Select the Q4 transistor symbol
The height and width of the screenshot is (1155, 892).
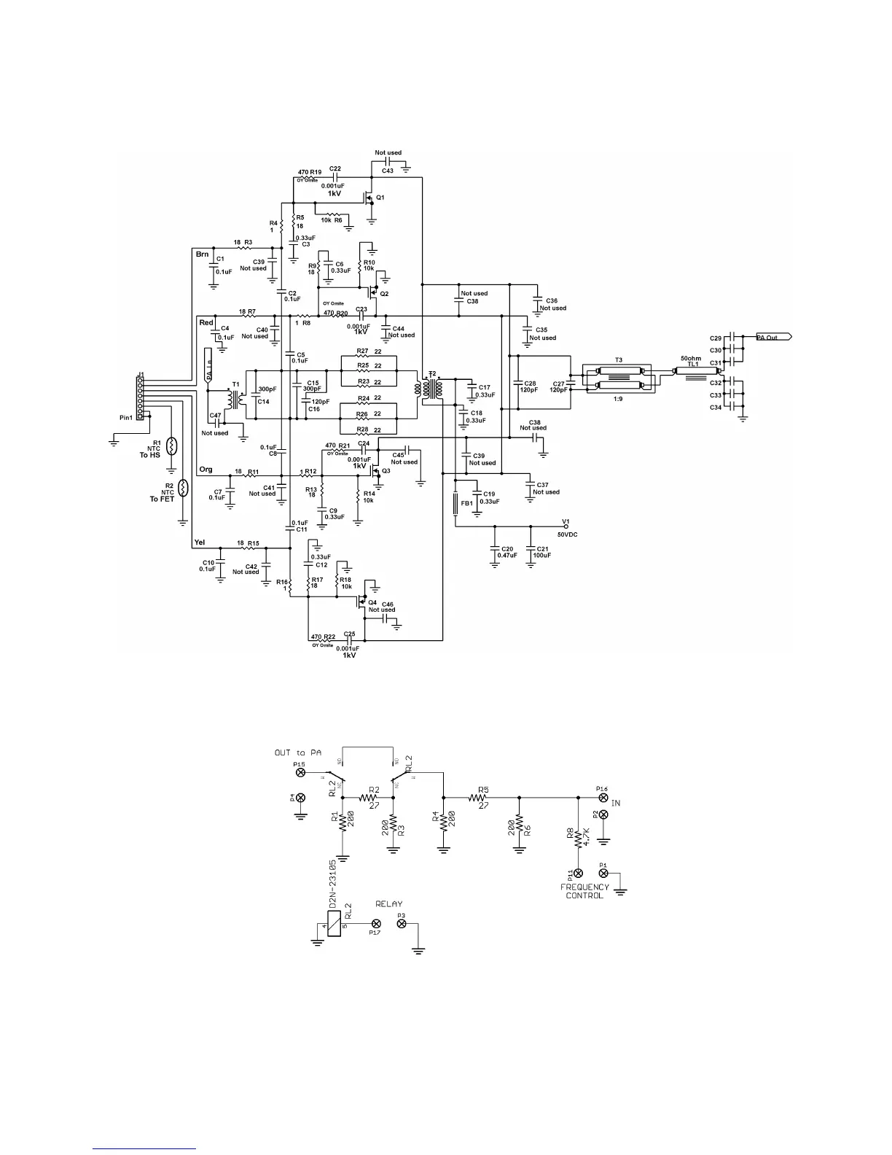(361, 602)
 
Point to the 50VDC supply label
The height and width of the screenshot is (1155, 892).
(567, 534)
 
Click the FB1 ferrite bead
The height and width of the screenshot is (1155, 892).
(454, 503)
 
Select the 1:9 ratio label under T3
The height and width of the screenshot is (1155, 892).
(619, 399)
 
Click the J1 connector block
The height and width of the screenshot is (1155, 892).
(141, 397)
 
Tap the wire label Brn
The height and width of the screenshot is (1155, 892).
(203, 254)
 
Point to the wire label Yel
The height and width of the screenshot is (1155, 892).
(200, 542)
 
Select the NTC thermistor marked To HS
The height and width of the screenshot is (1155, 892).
(172, 446)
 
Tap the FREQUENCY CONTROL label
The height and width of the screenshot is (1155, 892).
(584, 891)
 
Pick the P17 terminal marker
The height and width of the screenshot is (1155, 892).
(374, 922)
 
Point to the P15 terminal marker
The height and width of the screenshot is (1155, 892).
(300, 771)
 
